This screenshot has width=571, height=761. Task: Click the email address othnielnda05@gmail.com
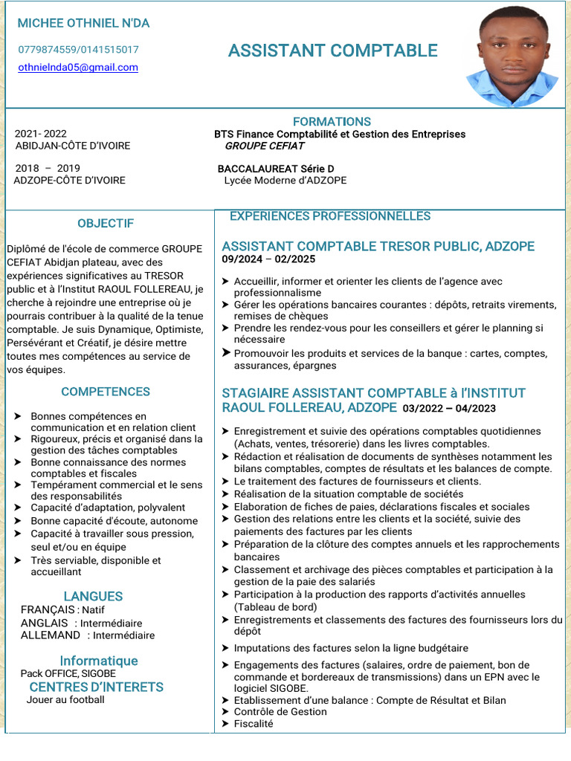pyautogui.click(x=78, y=68)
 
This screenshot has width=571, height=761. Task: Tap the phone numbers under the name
pyautogui.click(x=78, y=50)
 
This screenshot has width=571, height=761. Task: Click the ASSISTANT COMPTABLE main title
pyautogui.click(x=332, y=51)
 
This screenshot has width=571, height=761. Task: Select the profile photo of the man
pyautogui.click(x=512, y=57)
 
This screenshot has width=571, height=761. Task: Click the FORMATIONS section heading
pyautogui.click(x=332, y=121)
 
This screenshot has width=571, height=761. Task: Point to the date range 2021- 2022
pyautogui.click(x=41, y=134)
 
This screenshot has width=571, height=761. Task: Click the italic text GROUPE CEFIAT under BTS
pyautogui.click(x=264, y=146)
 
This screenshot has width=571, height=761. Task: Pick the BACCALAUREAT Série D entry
pyautogui.click(x=276, y=169)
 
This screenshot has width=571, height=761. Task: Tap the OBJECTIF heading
pyautogui.click(x=106, y=223)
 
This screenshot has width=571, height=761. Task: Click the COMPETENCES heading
pyautogui.click(x=106, y=392)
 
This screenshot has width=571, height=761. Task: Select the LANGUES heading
pyautogui.click(x=93, y=596)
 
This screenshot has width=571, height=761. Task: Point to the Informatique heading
pyautogui.click(x=99, y=661)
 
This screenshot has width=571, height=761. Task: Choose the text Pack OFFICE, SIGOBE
pyautogui.click(x=68, y=673)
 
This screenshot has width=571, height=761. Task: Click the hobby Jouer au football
pyautogui.click(x=65, y=699)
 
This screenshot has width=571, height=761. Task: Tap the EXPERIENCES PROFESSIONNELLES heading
pyautogui.click(x=330, y=216)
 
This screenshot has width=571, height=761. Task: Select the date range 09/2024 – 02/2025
pyautogui.click(x=268, y=259)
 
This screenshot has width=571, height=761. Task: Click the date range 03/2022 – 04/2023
pyautogui.click(x=449, y=409)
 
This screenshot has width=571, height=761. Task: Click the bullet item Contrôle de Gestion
pyautogui.click(x=280, y=711)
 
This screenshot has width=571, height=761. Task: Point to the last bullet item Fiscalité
pyautogui.click(x=254, y=723)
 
